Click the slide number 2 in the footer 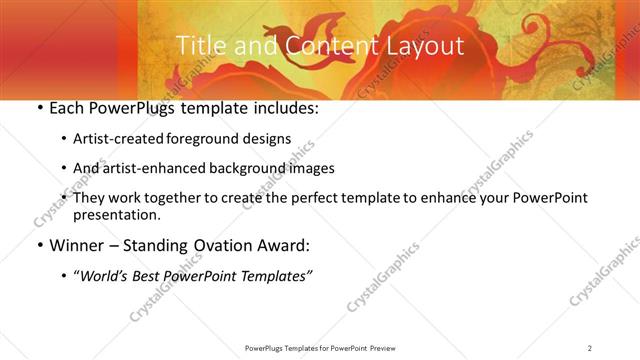coord(590,348)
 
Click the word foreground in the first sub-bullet coord(213,139)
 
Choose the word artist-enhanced coord(154,168)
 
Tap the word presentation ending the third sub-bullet coord(116,215)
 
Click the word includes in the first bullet coord(283,108)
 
